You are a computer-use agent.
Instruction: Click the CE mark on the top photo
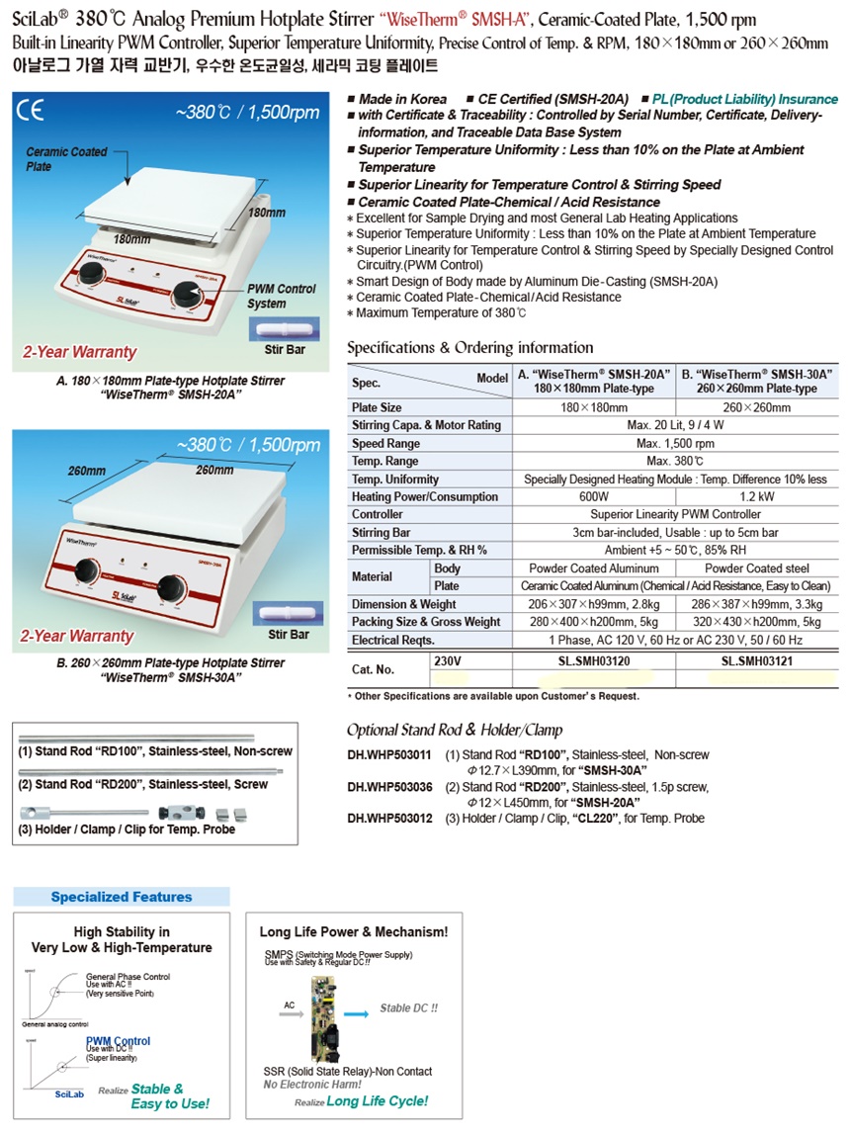click(x=31, y=110)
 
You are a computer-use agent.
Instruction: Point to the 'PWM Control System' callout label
click(x=281, y=296)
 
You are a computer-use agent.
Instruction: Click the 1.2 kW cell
click(x=758, y=496)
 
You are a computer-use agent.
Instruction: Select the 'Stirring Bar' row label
click(x=381, y=532)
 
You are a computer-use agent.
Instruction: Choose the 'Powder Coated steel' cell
click(x=758, y=568)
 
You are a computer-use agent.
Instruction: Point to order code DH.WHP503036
click(x=389, y=787)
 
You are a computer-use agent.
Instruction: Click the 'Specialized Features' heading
click(x=122, y=897)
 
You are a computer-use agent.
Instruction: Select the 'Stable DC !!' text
click(x=408, y=1008)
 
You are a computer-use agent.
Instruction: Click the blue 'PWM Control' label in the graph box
click(x=119, y=1041)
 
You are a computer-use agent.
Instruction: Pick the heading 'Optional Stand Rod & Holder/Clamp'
click(x=455, y=731)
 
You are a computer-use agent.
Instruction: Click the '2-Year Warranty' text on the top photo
click(x=79, y=352)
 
